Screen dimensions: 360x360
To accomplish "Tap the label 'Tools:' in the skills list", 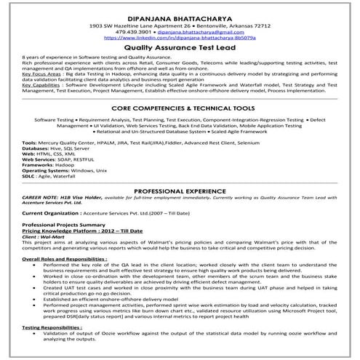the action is click(x=29, y=143).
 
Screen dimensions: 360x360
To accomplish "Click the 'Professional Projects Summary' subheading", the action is click(x=65, y=227).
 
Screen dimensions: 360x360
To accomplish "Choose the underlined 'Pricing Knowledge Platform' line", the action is click(x=62, y=233).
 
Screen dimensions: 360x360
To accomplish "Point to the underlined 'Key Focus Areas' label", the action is click(x=41, y=74).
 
